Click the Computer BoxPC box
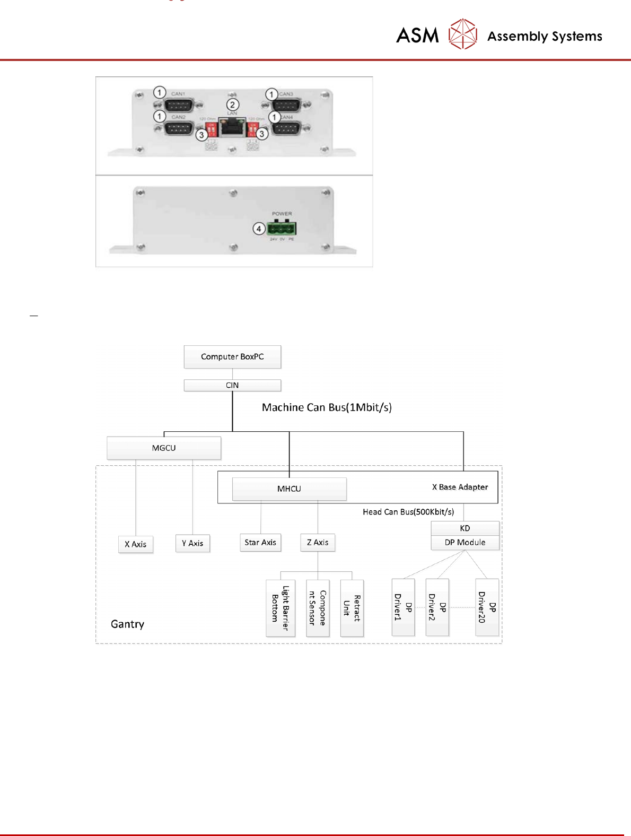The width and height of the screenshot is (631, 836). pos(232,357)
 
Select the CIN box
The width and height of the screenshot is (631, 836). pos(232,386)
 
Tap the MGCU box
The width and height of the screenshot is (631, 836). pos(164,448)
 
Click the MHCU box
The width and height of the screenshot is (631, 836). pos(289,489)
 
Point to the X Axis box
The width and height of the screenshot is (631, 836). pos(136,544)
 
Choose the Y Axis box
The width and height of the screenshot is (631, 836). pos(192,543)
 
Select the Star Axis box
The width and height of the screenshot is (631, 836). pos(260,543)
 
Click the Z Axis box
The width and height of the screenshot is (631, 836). pos(318,543)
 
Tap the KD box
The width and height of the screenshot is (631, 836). pos(465,528)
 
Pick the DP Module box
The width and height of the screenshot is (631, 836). pos(465,543)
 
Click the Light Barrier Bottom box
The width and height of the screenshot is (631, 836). pos(280,608)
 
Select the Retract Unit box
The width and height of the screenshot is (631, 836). pos(352,608)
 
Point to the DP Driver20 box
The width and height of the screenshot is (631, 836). pos(487,607)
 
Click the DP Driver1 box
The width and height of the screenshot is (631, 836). pos(403,607)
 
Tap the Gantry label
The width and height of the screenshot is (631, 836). pos(127,624)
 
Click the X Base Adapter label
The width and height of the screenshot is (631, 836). pos(460,487)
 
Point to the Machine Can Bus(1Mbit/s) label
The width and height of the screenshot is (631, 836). pos(327,407)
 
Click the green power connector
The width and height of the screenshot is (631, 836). pos(282,229)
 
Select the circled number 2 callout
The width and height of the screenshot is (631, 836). pos(232,104)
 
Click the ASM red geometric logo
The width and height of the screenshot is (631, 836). pos(463,34)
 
